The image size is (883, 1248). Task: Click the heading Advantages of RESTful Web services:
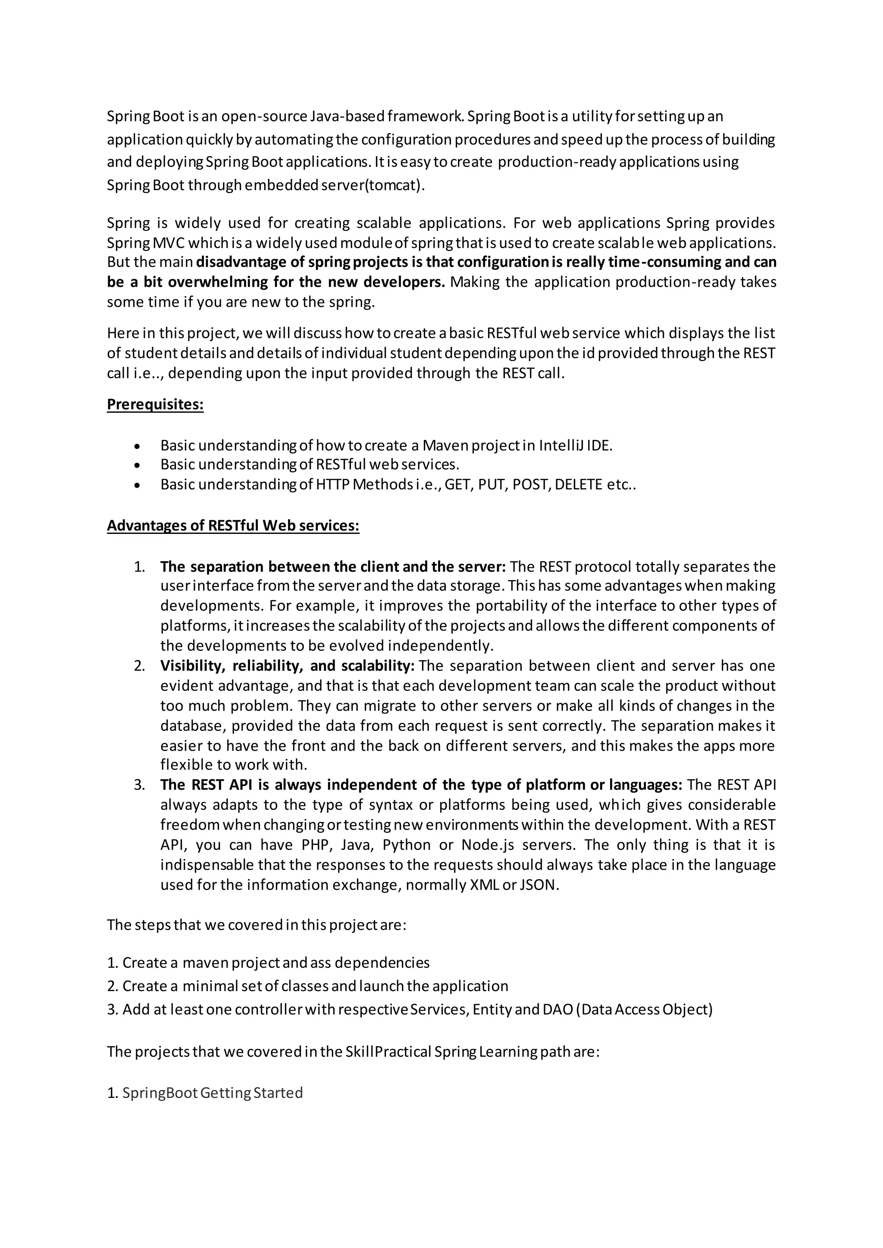point(233,526)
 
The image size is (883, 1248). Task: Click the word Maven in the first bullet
point(445,446)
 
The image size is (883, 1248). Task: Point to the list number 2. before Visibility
point(139,666)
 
